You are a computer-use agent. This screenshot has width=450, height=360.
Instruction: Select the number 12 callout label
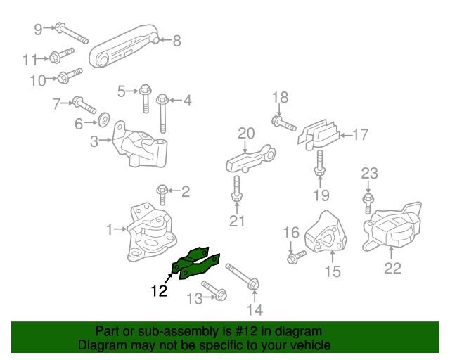click(x=158, y=290)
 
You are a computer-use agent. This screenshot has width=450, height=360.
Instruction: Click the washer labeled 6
click(x=102, y=117)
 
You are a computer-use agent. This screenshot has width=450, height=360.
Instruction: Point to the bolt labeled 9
click(x=69, y=32)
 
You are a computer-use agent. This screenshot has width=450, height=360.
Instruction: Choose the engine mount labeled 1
click(x=150, y=234)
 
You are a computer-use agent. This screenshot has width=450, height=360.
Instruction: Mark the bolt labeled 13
click(x=213, y=290)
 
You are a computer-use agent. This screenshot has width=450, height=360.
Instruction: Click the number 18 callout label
click(x=280, y=97)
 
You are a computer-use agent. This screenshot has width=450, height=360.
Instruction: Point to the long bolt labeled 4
click(x=162, y=112)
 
